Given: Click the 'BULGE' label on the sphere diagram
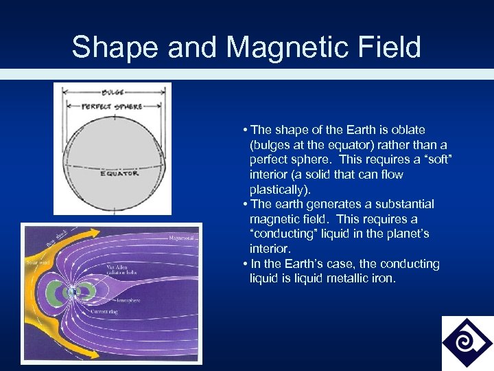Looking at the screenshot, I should (113, 91).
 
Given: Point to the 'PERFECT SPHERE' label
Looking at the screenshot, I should (112, 106).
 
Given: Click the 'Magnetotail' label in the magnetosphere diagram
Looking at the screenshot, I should (181, 238).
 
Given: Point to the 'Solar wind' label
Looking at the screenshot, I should (35, 262).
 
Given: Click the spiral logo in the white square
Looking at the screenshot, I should (467, 342).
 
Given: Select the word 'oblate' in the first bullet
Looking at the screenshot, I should (409, 130).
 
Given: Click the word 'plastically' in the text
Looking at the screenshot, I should (278, 190).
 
